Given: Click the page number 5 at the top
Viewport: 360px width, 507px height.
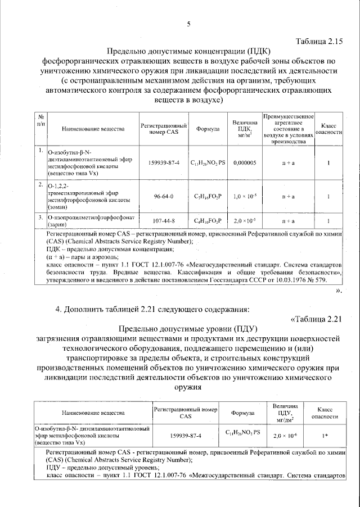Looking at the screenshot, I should [x=189, y=23].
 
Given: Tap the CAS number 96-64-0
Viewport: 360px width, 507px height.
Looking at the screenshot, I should [x=164, y=197].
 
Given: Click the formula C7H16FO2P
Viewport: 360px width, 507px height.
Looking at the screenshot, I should [x=208, y=197].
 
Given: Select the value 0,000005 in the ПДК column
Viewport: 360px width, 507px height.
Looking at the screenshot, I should [x=245, y=162].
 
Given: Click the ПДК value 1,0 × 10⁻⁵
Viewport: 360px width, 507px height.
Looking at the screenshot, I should [x=245, y=197].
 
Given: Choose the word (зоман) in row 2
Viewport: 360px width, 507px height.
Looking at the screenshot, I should [x=60, y=207].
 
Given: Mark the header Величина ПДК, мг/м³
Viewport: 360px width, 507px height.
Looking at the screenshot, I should [x=245, y=129].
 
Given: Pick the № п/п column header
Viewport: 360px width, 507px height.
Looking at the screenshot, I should [x=40, y=119].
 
